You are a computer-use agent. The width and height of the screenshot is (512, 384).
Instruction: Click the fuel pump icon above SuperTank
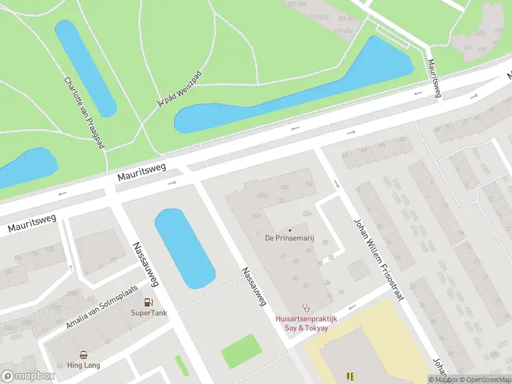click(148, 302)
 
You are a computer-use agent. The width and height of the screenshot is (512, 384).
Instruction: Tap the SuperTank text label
click(148, 313)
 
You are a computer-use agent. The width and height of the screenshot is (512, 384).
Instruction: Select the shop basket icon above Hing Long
click(84, 355)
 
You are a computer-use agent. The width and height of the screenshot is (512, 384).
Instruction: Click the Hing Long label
click(84, 365)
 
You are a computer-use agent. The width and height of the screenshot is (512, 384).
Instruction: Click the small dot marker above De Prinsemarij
click(290, 230)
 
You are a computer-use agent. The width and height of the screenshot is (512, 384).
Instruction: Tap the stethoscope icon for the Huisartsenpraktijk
click(306, 307)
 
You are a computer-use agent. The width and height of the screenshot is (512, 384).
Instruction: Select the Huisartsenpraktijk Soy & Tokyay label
click(306, 323)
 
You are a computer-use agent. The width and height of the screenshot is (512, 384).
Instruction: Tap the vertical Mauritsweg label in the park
click(434, 78)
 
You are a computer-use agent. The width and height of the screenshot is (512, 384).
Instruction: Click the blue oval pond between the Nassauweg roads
click(184, 248)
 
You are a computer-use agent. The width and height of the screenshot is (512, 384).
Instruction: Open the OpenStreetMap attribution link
click(484, 380)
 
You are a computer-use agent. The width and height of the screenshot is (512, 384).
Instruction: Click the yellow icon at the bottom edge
click(350, 376)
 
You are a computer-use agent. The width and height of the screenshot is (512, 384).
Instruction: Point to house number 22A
click(307, 213)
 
